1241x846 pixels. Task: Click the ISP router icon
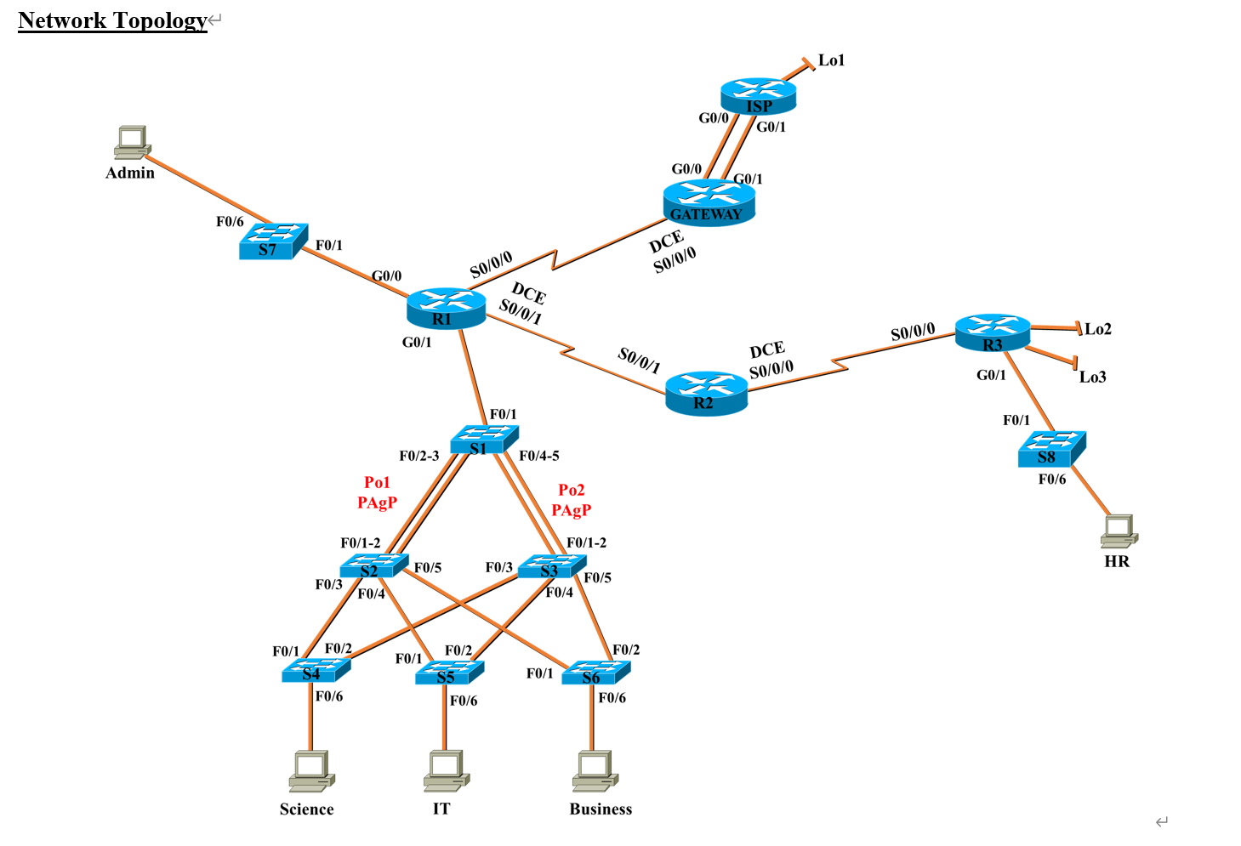(758, 95)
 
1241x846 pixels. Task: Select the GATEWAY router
(709, 203)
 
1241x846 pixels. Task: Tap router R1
(446, 309)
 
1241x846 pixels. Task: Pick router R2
(706, 393)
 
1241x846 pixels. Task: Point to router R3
(992, 332)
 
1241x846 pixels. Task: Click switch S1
(483, 440)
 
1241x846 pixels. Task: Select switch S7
(272, 241)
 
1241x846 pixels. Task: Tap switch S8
(1051, 449)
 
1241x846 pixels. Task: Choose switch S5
(449, 673)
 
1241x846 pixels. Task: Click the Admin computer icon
(132, 143)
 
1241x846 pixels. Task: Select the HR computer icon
(1119, 531)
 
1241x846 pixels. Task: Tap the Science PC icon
(310, 771)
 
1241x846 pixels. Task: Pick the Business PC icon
(595, 770)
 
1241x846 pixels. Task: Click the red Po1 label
(377, 482)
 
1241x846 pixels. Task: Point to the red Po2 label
(571, 490)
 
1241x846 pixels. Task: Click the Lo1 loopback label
(831, 60)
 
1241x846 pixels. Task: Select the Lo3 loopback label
(1092, 377)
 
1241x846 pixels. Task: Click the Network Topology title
(112, 20)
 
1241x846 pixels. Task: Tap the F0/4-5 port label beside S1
(538, 456)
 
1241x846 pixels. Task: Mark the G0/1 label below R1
(416, 342)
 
